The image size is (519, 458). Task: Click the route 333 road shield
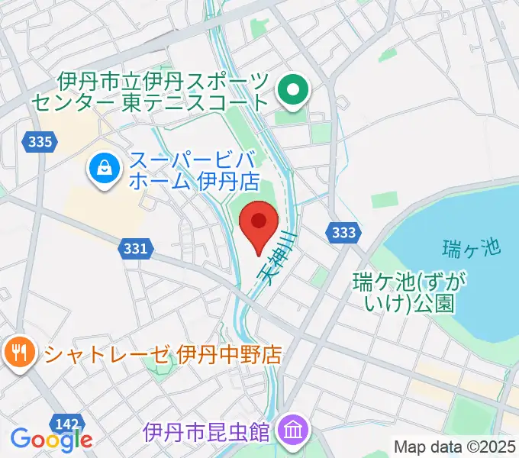343,232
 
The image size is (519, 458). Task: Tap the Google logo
51,438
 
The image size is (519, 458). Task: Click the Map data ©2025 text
455,447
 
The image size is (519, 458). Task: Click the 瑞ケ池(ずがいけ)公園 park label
404,293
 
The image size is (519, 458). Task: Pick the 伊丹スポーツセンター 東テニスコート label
163,90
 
